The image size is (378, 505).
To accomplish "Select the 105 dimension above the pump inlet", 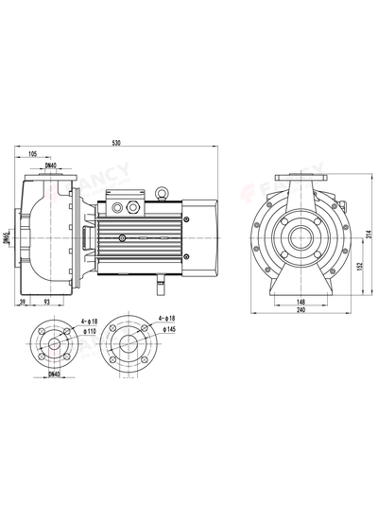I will pos(34,153).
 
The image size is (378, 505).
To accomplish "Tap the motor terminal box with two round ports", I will pos(123,204).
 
